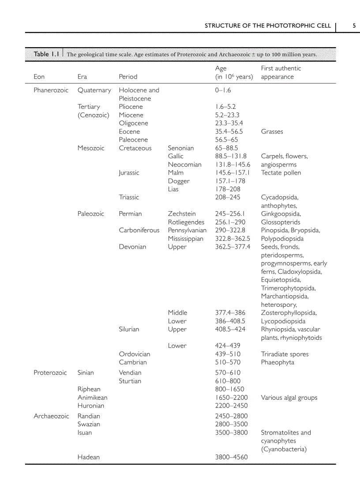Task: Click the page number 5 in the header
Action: coord(354,26)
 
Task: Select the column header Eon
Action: coord(39,77)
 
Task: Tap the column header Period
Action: coord(128,77)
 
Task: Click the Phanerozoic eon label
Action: coord(51,90)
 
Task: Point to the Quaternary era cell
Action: coord(94,90)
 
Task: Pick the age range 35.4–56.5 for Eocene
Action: coord(229,131)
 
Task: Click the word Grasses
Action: coord(272,131)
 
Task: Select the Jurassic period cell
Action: coord(129,173)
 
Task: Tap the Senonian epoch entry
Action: coord(180,148)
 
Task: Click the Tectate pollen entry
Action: coord(281,173)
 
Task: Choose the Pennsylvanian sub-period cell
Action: coord(187,230)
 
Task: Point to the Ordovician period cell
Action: coord(135,354)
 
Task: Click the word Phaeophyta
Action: coord(277,362)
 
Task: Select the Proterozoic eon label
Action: coord(50,373)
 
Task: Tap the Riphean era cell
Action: coord(89,389)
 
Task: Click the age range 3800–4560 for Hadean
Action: coord(231,457)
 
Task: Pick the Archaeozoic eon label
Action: coord(51,416)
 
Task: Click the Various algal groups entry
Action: coord(289,398)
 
